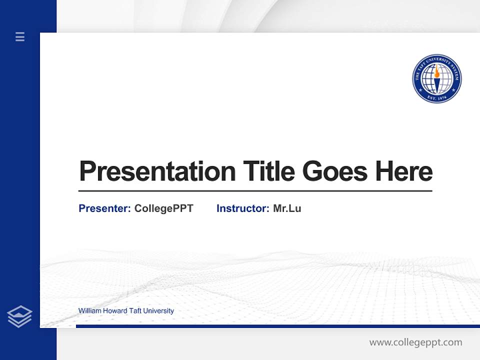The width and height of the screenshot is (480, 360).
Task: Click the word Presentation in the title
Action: [x=157, y=171]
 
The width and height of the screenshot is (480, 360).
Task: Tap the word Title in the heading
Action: [x=268, y=171]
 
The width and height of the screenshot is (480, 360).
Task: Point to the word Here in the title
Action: [x=403, y=171]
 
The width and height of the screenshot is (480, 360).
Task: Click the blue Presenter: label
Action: [x=104, y=208]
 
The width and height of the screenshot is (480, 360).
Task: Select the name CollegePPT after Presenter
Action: [x=163, y=208]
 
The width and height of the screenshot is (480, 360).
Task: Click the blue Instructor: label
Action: [x=242, y=208]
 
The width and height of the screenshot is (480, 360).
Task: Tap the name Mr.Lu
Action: [x=287, y=208]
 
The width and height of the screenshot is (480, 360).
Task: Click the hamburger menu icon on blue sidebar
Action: [x=20, y=36]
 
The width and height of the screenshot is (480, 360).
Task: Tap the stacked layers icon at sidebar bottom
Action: [x=19, y=316]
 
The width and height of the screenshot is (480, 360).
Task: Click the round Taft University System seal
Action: [x=436, y=79]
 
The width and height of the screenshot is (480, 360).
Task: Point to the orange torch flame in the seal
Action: [x=436, y=73]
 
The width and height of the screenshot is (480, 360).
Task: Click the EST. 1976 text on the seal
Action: [x=436, y=98]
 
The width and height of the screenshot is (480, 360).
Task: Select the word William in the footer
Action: [x=89, y=311]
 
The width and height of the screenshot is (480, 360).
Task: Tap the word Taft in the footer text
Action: [x=136, y=311]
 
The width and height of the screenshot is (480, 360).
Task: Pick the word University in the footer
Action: [x=159, y=311]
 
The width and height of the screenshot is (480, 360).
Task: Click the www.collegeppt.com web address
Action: [x=415, y=342]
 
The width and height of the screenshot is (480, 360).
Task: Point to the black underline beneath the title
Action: [x=255, y=191]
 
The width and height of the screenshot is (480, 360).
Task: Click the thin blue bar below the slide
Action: [x=277, y=326]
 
